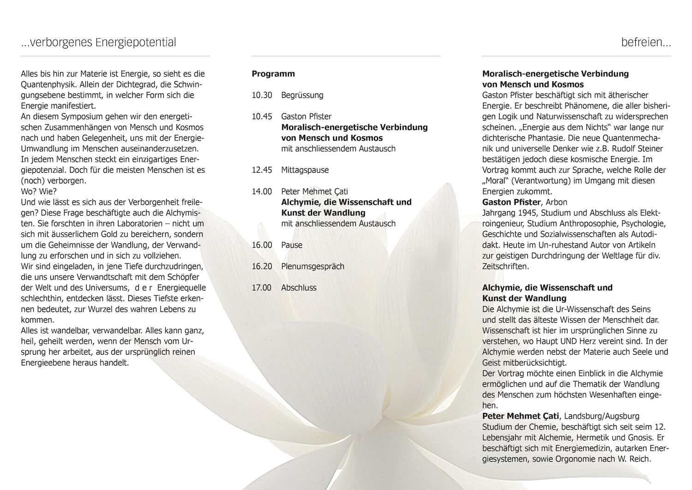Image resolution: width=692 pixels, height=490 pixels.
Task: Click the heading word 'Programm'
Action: click(273, 74)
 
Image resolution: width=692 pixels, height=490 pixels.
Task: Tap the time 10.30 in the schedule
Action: click(262, 96)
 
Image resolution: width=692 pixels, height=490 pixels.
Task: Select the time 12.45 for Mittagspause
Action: click(262, 170)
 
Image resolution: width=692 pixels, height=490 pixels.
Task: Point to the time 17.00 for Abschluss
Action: click(262, 288)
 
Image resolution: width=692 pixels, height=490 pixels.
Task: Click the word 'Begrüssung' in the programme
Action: click(302, 96)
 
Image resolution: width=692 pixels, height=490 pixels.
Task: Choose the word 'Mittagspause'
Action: click(305, 170)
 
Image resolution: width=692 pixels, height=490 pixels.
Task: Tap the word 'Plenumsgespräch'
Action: click(312, 266)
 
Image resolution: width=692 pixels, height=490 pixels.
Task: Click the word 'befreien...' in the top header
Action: click(646, 43)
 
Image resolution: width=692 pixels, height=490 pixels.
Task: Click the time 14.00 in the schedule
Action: click(262, 192)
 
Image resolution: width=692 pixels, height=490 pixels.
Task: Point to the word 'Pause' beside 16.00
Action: click(292, 245)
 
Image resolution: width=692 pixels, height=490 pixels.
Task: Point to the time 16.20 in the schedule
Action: click(262, 266)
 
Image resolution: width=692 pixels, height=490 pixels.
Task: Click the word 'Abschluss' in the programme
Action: click(298, 288)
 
